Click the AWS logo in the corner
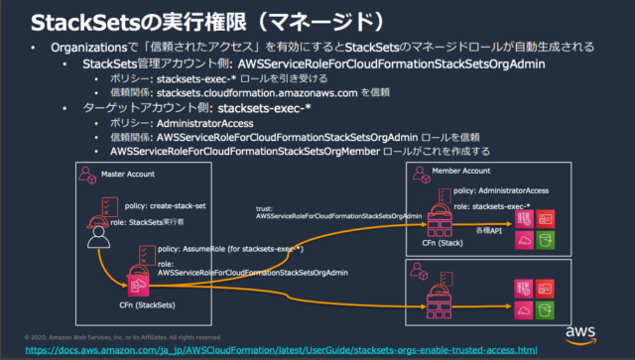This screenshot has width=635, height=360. (x=598, y=331)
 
